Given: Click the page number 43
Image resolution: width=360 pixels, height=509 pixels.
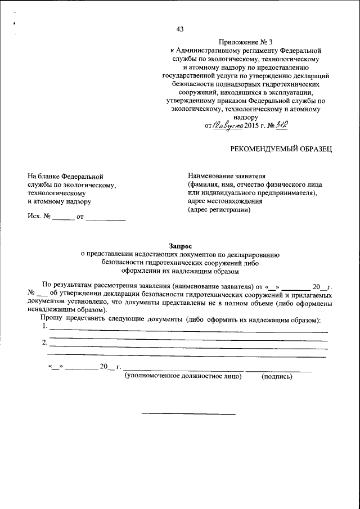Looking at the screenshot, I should pos(180,29).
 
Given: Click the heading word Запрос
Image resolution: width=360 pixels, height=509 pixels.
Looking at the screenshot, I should pos(180,245).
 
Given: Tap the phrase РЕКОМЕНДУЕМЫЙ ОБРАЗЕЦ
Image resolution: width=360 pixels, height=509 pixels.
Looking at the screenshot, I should pos(282,148).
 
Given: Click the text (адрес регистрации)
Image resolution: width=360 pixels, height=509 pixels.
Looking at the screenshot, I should pos(219,210).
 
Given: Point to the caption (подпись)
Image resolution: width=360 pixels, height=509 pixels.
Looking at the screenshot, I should pos(277,377).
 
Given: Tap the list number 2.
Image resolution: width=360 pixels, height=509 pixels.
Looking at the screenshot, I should pos(45,343).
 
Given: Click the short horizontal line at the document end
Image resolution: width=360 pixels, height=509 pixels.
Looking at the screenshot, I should pos(188,415).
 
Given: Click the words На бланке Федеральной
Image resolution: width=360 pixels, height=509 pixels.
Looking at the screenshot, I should pos(65,176).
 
